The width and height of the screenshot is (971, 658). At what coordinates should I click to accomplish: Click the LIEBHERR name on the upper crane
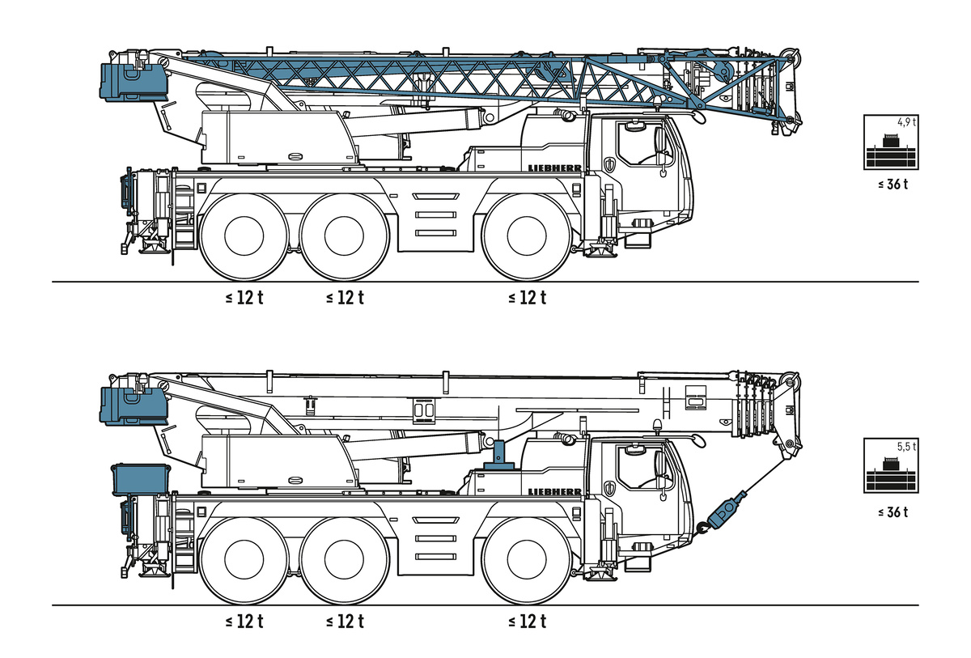[x=554, y=168]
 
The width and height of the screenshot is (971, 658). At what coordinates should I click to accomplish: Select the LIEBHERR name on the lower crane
[x=554, y=491]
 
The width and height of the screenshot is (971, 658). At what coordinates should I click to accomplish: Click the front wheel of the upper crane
[x=527, y=236]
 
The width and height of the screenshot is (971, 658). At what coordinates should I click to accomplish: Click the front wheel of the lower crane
[x=527, y=559]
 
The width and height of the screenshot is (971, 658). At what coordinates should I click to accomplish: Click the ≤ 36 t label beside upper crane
[x=893, y=184]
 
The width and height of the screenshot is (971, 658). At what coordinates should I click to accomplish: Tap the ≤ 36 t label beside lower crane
[x=893, y=512]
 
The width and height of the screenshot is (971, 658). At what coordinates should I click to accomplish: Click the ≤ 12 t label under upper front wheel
[x=527, y=297]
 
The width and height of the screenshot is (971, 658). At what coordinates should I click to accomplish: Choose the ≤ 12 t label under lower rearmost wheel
[x=244, y=622]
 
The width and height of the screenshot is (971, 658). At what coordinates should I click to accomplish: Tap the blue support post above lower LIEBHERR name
[x=499, y=452]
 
